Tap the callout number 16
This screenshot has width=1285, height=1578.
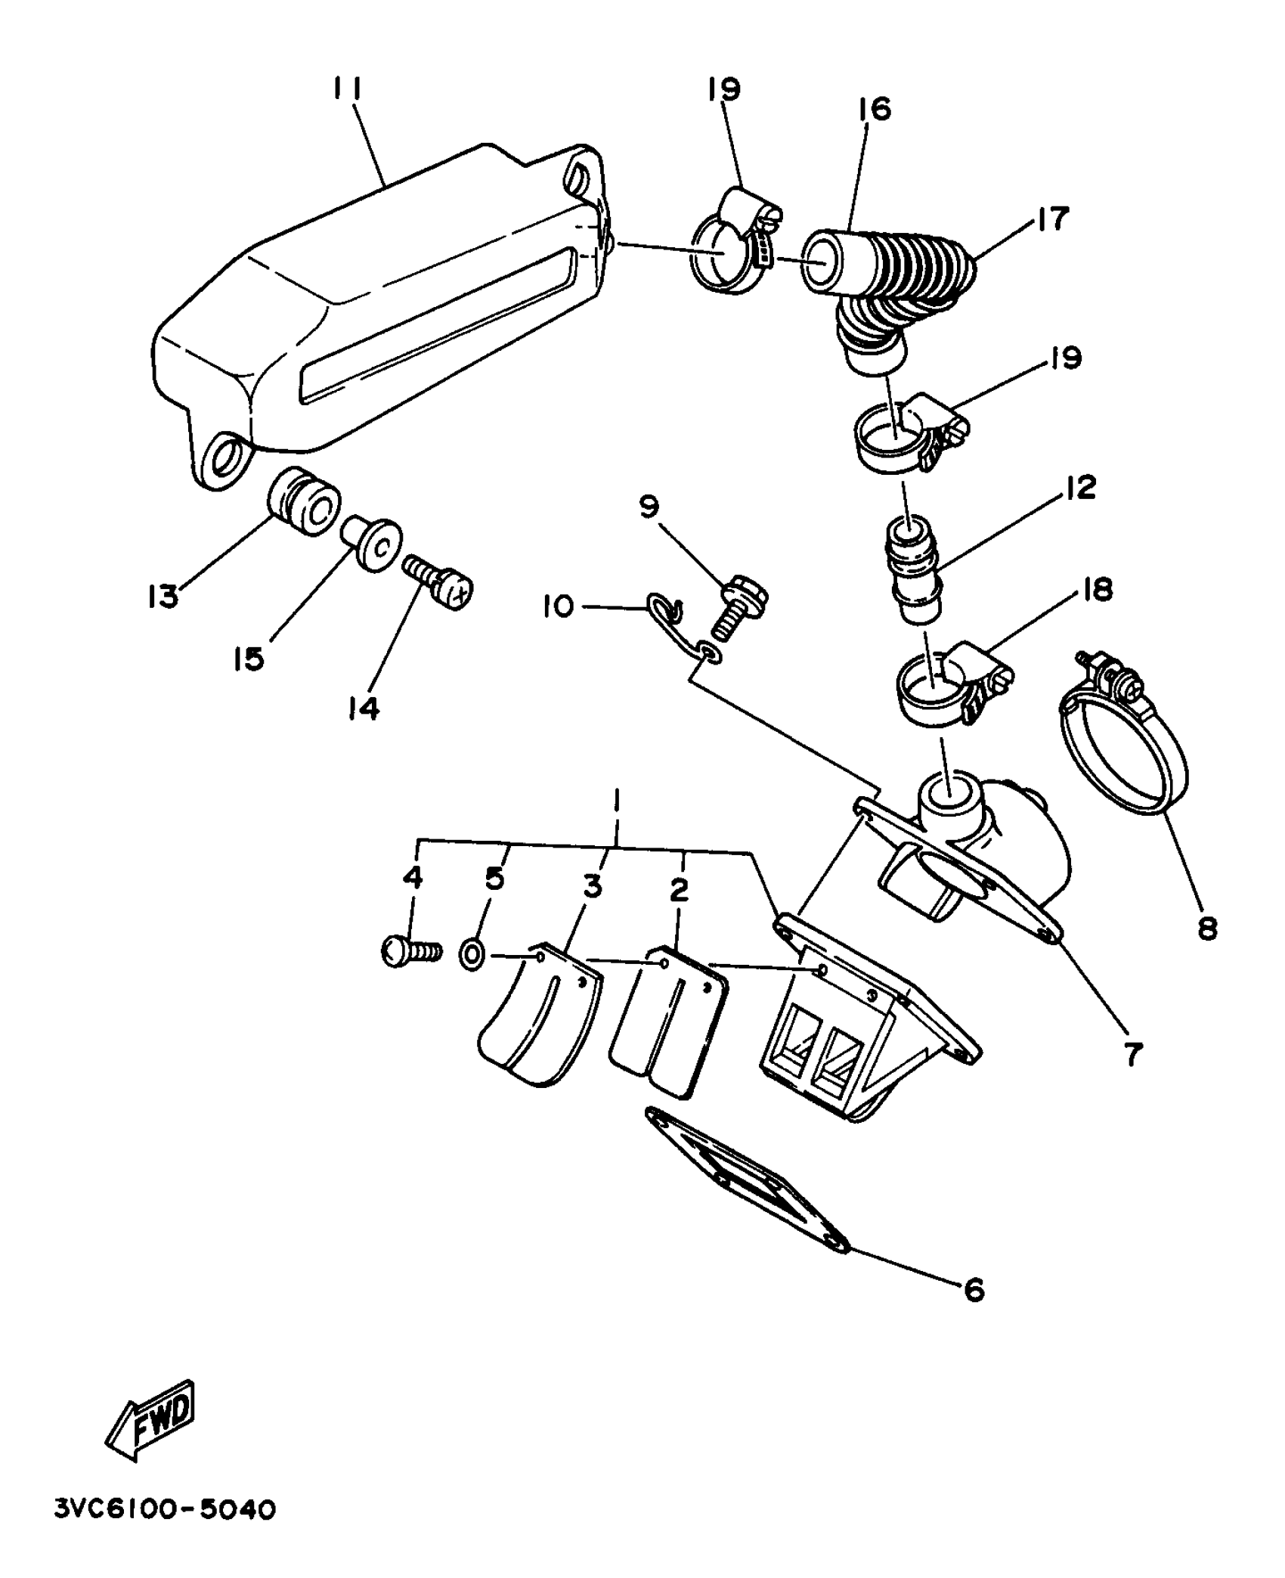click(x=875, y=109)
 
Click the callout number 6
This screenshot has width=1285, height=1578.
click(x=975, y=1289)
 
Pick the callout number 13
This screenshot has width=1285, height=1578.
click(x=163, y=596)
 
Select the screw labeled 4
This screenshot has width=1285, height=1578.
click(x=410, y=951)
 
